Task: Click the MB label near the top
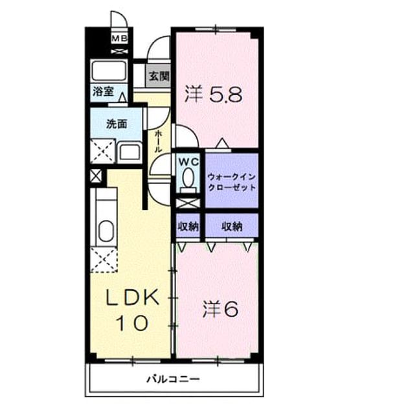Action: (119, 39)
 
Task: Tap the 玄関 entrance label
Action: (159, 76)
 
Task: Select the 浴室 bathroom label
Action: (104, 91)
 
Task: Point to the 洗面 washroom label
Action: (117, 124)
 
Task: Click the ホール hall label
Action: (158, 142)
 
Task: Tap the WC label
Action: (188, 163)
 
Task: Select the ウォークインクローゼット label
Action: (232, 182)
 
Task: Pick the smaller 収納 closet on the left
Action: (188, 226)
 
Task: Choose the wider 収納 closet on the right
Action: (232, 226)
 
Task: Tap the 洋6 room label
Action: (220, 309)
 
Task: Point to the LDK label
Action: (132, 297)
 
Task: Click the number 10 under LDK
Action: (132, 323)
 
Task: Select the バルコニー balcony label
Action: (174, 379)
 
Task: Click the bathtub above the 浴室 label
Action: (109, 71)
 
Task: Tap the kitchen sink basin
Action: (106, 231)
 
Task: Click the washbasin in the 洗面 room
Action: (130, 153)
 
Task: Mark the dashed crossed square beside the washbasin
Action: (103, 151)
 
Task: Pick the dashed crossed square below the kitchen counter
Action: (104, 260)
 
